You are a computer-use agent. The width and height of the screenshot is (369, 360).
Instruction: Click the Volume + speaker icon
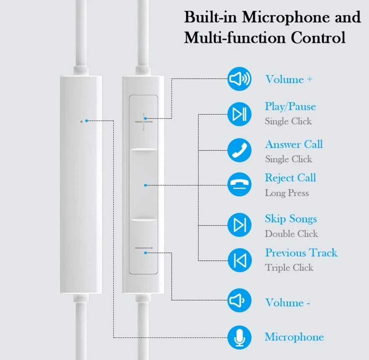click(x=239, y=79)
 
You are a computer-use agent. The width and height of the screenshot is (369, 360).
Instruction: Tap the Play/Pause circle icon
click(x=239, y=114)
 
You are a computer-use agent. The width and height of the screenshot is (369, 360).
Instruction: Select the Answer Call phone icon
click(x=239, y=150)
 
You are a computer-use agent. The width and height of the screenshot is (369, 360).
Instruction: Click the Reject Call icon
click(x=239, y=185)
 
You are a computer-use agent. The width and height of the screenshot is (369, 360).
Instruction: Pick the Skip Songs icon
click(x=239, y=225)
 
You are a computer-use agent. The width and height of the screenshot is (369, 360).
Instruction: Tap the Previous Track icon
click(x=239, y=260)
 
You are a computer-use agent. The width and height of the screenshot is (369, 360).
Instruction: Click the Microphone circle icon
click(x=239, y=337)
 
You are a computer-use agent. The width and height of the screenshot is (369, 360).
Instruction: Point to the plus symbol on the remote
click(x=144, y=122)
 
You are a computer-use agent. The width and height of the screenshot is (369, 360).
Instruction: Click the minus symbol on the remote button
click(x=144, y=249)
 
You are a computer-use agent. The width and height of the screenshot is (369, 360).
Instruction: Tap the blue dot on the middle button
click(x=145, y=185)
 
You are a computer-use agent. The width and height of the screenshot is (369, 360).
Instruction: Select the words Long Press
click(x=286, y=193)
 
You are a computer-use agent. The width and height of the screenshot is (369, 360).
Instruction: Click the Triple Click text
click(x=289, y=267)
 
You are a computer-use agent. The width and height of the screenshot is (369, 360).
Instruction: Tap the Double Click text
click(x=291, y=234)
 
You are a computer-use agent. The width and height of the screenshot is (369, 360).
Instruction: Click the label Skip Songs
click(x=291, y=219)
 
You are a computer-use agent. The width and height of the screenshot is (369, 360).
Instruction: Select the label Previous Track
click(x=301, y=253)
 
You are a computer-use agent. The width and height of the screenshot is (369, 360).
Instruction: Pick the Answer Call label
click(x=294, y=144)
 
